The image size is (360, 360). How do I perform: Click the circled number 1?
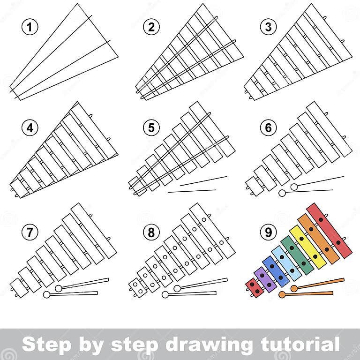pyautogui.click(x=30, y=28)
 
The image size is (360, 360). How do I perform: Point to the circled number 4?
pyautogui.click(x=30, y=127)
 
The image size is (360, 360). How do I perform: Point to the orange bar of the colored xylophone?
pyautogui.click(x=319, y=239)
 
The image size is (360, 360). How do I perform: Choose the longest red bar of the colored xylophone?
pyautogui.click(x=329, y=230)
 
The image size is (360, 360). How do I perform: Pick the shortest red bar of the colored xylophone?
pyautogui.click(x=254, y=287)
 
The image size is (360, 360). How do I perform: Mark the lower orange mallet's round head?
pyautogui.click(x=282, y=295)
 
